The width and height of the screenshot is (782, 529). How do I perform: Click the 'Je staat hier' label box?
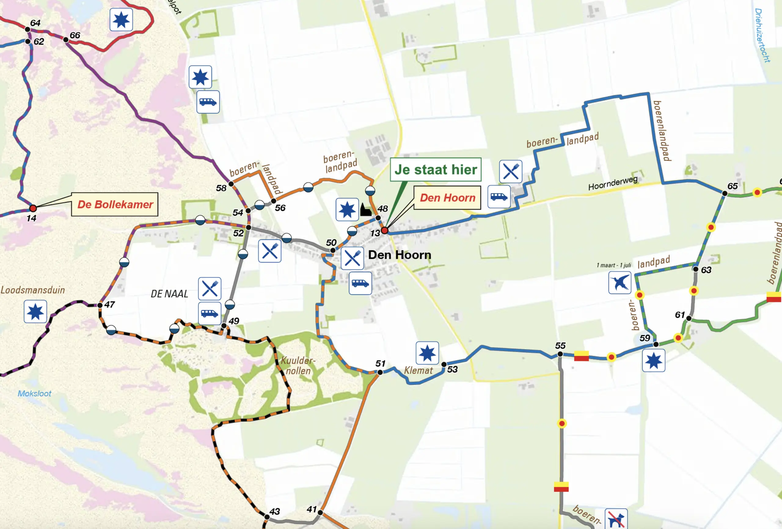point(435,169)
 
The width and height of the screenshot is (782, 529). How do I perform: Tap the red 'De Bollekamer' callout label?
point(115,204)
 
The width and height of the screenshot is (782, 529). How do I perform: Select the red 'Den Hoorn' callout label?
point(447,198)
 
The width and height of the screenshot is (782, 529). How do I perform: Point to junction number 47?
point(100,305)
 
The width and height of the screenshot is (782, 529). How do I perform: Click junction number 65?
point(725,193)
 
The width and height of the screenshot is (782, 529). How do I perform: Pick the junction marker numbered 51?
point(380,372)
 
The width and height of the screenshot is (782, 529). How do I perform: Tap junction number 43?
point(267,516)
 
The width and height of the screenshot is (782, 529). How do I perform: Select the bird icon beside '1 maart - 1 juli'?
point(619,282)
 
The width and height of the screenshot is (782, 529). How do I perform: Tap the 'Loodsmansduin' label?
point(33,290)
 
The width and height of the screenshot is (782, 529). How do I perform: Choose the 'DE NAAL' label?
point(169,294)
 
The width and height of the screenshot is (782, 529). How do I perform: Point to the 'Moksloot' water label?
point(34,393)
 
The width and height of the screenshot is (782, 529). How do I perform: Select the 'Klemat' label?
point(418,370)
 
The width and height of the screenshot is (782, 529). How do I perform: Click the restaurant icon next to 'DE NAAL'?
point(210,288)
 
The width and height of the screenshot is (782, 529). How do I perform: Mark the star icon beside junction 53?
point(427,353)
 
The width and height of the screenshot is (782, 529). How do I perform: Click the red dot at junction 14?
point(33,208)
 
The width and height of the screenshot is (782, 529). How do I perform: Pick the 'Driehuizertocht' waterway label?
point(762,35)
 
